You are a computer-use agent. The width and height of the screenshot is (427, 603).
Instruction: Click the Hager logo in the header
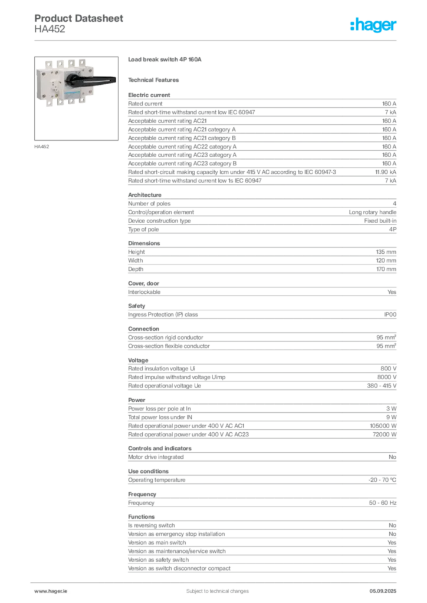[373, 25]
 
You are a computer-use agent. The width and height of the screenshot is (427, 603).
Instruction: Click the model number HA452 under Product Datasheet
[50, 29]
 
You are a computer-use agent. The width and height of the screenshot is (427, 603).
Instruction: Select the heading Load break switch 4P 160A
[165, 59]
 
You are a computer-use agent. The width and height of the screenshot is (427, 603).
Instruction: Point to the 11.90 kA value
[385, 172]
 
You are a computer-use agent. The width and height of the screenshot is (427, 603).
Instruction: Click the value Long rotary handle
[372, 212]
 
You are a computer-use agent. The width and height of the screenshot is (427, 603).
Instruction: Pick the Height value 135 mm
[386, 252]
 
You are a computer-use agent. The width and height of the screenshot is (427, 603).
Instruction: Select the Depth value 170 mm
[386, 269]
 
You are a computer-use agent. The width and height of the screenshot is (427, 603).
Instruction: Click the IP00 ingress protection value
[390, 314]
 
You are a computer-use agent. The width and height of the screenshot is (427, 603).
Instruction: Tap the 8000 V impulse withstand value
[386, 377]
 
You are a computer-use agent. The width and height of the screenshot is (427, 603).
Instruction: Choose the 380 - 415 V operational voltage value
[382, 386]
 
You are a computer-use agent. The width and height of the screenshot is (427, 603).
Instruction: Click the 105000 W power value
[383, 426]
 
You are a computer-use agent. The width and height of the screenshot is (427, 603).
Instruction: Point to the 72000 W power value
[385, 435]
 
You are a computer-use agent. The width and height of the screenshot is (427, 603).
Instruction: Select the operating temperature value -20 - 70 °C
[382, 480]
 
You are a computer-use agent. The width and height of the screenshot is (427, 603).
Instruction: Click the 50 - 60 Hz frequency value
[382, 503]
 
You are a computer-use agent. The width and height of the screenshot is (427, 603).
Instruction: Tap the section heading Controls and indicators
[160, 448]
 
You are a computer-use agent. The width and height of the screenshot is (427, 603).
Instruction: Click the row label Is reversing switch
[152, 525]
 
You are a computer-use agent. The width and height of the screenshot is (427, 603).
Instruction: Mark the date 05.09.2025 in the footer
[383, 591]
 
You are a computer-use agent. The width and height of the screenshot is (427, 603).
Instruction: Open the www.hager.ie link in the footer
[51, 591]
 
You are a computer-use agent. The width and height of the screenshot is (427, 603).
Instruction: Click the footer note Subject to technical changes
[218, 591]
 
